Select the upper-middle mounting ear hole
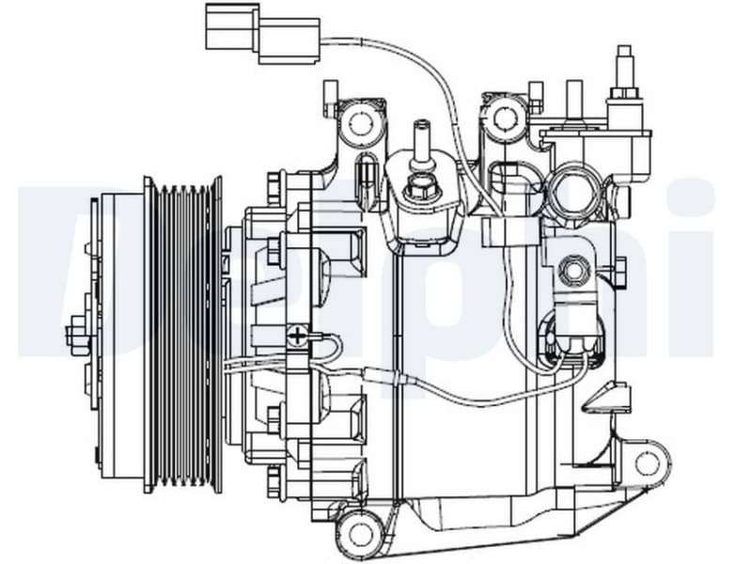(506, 117)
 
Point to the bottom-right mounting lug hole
(648, 462)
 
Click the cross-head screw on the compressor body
(298, 335)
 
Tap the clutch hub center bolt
(77, 336)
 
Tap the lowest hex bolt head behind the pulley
(274, 481)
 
